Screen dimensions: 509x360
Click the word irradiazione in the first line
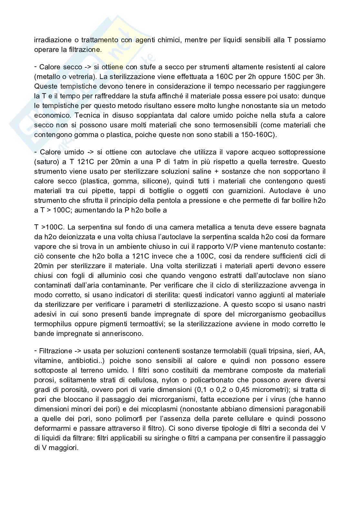coord(53,40)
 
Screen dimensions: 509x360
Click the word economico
coord(53,115)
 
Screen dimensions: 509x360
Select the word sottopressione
coord(303,152)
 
